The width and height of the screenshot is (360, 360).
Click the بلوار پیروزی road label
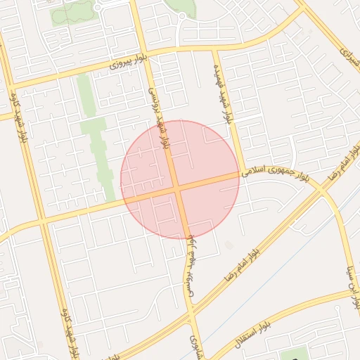tap(128, 62)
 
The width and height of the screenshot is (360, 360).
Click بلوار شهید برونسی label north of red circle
tap(158, 115)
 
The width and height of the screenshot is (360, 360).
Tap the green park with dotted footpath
tap(70, 12)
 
